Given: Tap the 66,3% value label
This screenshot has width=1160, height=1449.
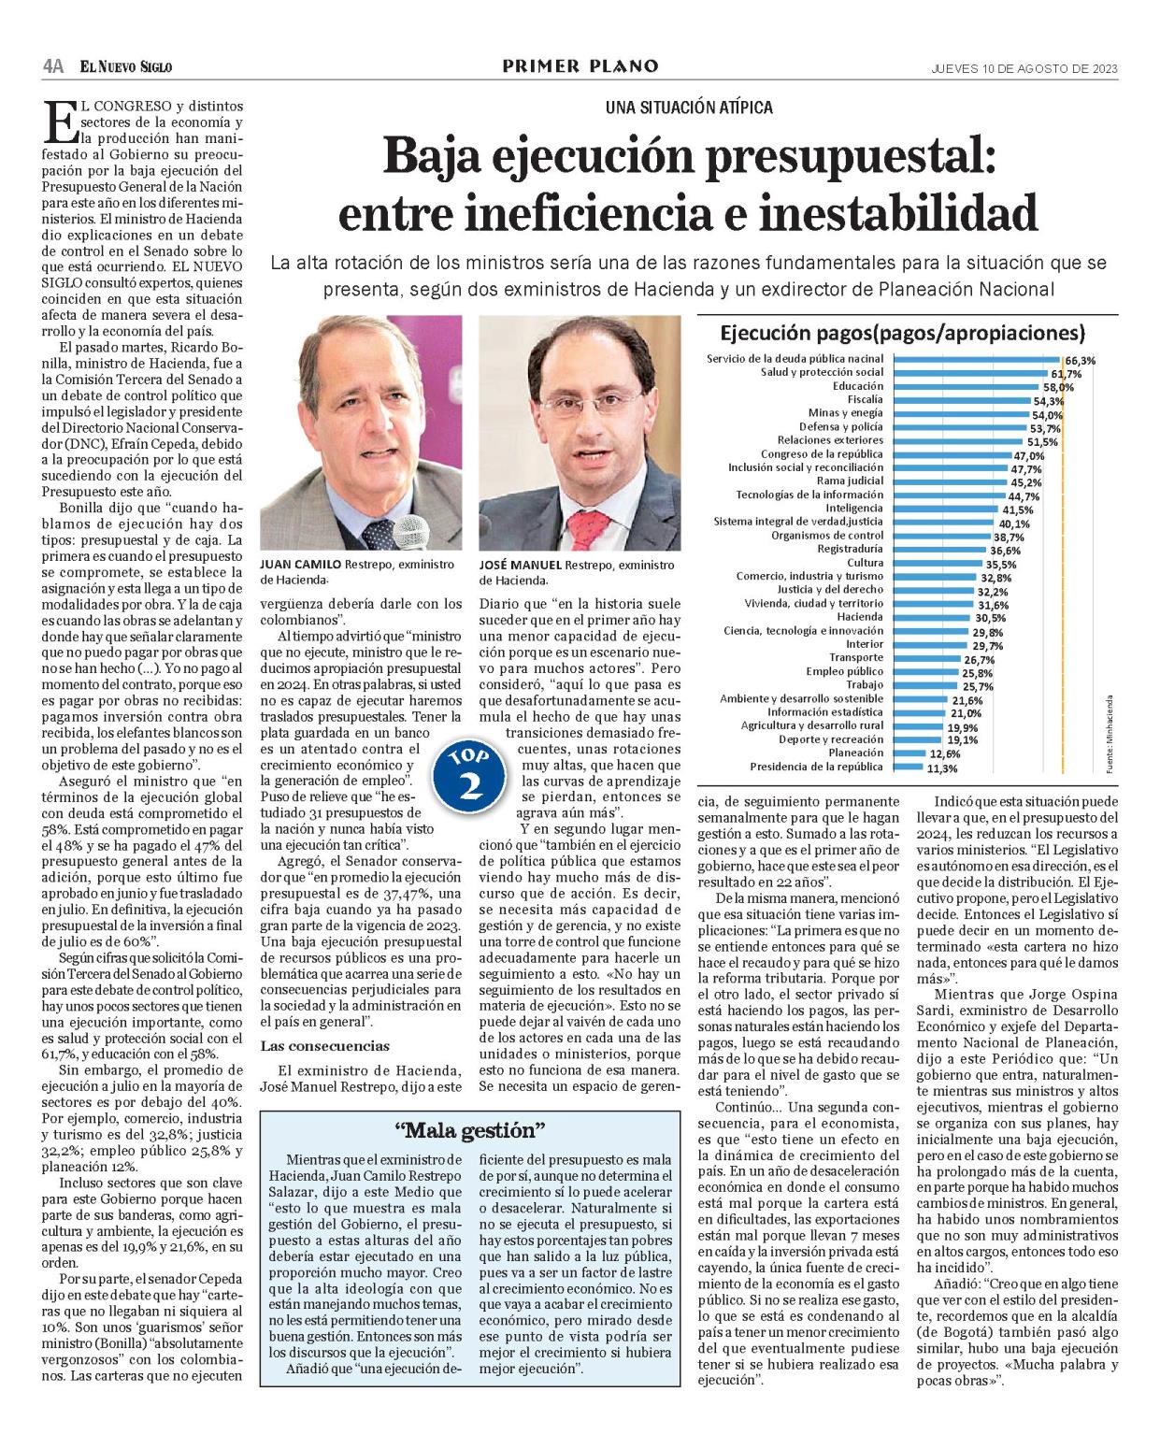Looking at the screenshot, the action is [1080, 360].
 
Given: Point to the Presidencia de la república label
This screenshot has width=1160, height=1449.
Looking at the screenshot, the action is [815, 767].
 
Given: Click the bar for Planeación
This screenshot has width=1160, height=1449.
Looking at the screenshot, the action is [909, 753].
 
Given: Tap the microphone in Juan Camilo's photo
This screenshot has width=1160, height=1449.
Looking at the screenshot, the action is [410, 533].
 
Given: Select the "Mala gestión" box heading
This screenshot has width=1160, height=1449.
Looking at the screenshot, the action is [469, 1130].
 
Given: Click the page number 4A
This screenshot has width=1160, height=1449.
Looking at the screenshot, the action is [52, 66].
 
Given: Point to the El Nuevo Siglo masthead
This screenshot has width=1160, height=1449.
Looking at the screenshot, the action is [126, 66].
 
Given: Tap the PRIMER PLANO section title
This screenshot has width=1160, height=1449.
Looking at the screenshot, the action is [580, 66].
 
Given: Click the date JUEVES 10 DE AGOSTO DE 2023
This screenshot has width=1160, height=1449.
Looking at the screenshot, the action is [1024, 68].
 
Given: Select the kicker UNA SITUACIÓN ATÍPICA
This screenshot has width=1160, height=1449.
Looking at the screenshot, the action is [689, 108].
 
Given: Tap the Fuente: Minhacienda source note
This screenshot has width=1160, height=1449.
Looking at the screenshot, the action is [1110, 733].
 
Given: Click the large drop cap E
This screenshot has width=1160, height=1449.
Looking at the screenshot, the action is [59, 122].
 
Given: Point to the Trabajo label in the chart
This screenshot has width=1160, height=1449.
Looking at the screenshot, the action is [865, 685].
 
